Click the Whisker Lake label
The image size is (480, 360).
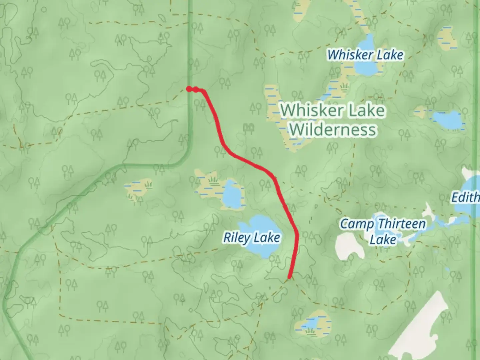365,55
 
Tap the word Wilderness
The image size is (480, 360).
333,129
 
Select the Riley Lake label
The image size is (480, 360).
252,238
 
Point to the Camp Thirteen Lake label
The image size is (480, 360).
383,231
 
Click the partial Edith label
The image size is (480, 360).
466,197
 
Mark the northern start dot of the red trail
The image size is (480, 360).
189,89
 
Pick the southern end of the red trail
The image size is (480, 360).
290,277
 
